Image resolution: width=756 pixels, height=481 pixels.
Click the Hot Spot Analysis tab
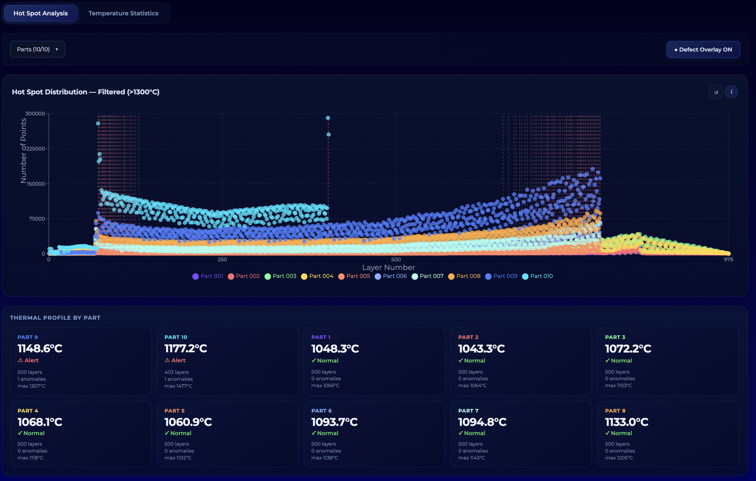(41, 13)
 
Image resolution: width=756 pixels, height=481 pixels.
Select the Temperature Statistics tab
(123, 13)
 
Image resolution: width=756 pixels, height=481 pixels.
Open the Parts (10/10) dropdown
(38, 49)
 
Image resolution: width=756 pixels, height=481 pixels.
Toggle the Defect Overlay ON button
(703, 50)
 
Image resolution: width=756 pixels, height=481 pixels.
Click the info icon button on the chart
(732, 92)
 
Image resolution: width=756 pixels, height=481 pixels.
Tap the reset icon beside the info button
(716, 92)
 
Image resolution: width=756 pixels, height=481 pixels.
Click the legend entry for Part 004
(317, 276)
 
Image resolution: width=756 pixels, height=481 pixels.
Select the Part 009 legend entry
(501, 276)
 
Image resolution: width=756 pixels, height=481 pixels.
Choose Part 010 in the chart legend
(537, 276)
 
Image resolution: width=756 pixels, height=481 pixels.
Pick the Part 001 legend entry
(208, 276)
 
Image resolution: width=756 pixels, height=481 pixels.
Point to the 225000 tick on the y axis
(35, 149)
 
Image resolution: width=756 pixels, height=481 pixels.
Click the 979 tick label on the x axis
(728, 259)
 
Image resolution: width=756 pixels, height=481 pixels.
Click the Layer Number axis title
(389, 268)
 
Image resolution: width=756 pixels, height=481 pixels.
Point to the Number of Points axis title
(23, 150)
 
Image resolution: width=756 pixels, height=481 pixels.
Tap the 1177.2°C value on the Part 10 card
(186, 348)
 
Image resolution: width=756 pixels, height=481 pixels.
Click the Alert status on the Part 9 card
(28, 360)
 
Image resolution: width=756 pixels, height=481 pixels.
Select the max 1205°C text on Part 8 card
(619, 458)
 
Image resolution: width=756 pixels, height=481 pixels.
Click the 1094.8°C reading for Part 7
(482, 422)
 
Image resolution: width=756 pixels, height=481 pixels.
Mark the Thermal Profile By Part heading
(55, 318)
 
